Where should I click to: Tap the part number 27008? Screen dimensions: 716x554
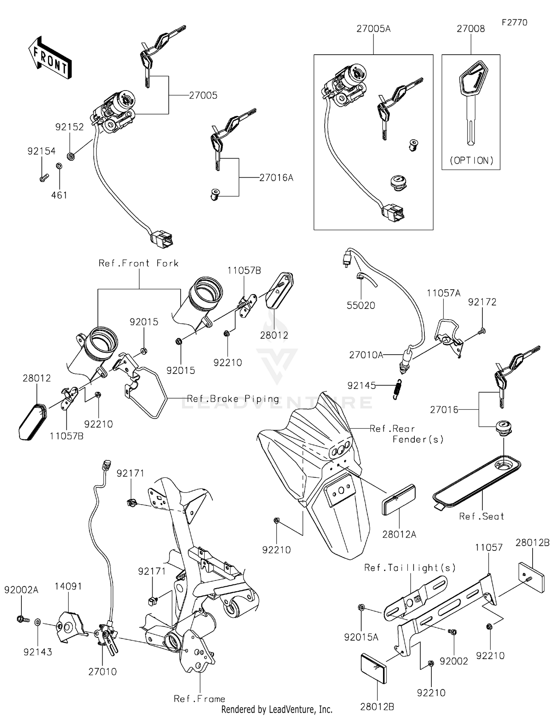[471, 29]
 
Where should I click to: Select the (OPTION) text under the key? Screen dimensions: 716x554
[471, 160]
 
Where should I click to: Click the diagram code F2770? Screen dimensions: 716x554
[514, 23]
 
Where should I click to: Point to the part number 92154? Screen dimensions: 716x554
[41, 151]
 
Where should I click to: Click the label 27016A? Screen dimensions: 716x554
[276, 178]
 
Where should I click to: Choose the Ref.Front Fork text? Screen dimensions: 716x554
[138, 263]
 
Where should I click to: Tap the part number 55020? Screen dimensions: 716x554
[361, 305]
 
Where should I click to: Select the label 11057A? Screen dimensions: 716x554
[444, 293]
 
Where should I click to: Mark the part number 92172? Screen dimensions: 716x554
[482, 302]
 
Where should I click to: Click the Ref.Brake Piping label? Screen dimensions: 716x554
[233, 399]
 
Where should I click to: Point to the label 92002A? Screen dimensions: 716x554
[21, 590]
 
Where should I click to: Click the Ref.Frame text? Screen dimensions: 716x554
[199, 699]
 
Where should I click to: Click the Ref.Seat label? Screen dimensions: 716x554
[482, 516]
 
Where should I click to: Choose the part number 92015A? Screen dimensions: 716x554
[361, 637]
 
